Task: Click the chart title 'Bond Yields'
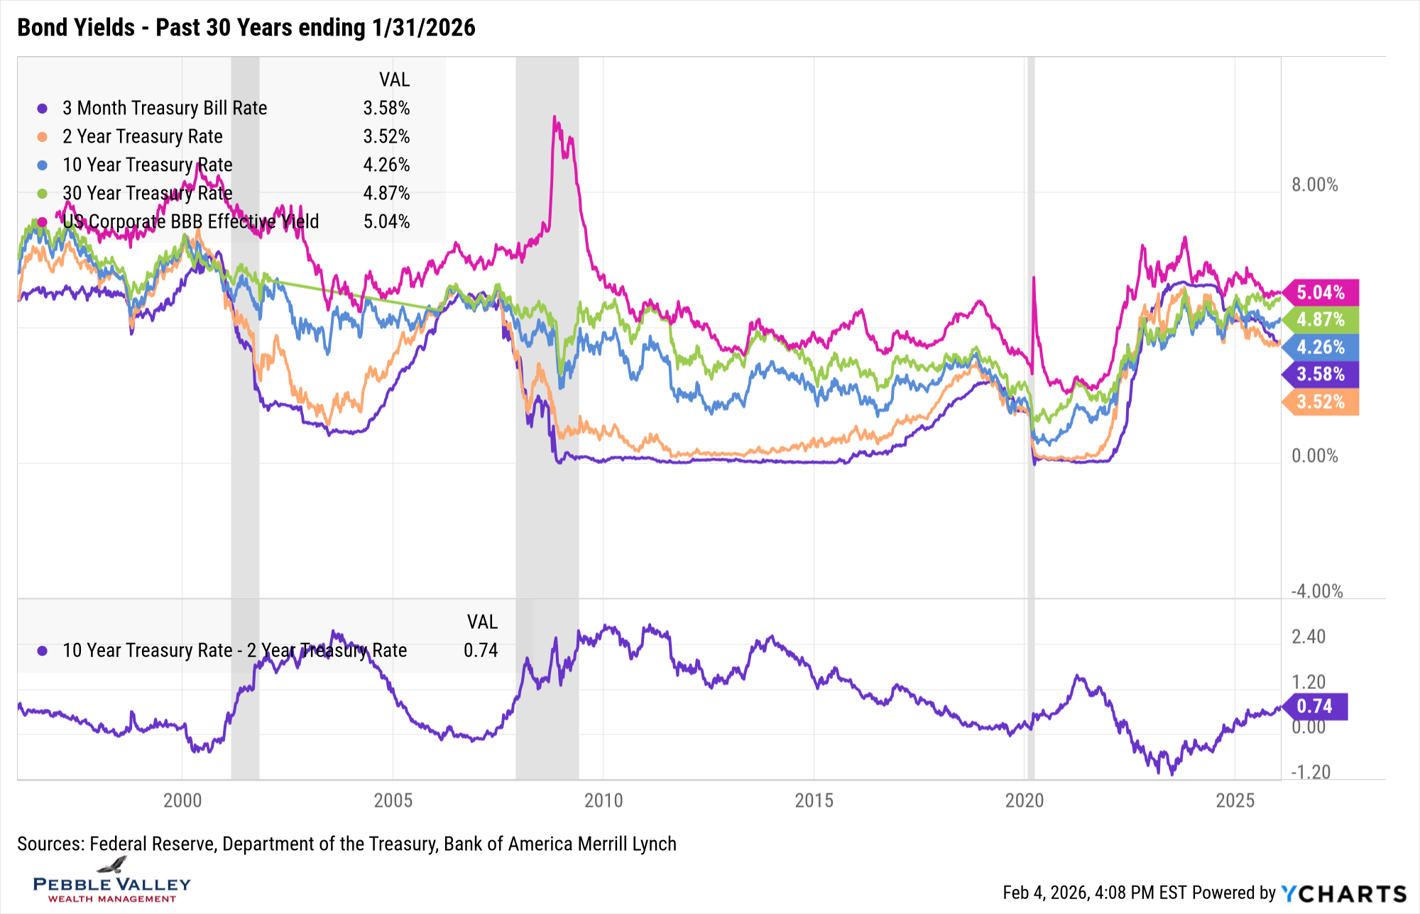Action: point(76,28)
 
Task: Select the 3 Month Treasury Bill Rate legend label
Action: point(165,108)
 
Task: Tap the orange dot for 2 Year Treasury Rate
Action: point(43,137)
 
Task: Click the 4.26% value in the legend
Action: point(386,165)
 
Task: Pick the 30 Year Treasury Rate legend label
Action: point(147,193)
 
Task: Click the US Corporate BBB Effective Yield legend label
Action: point(190,221)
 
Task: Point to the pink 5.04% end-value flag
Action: point(1321,292)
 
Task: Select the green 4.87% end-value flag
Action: point(1321,319)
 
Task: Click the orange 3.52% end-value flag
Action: point(1321,402)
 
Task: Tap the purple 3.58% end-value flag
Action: point(1321,375)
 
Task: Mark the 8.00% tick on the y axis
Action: point(1314,185)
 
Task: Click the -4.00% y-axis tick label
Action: point(1316,591)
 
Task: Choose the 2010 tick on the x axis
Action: point(603,800)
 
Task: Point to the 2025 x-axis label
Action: point(1235,800)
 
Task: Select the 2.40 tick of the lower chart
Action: point(1309,637)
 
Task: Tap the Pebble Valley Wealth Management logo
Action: point(112,882)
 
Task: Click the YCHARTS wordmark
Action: point(1344,893)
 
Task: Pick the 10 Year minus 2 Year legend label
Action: point(234,650)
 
